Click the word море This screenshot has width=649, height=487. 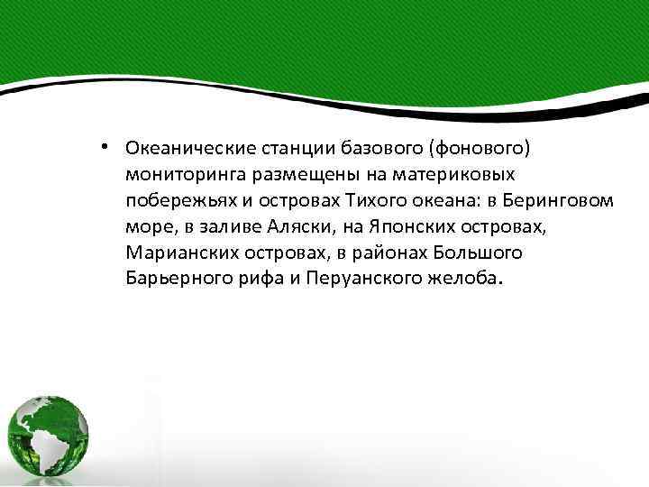[x=145, y=224]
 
